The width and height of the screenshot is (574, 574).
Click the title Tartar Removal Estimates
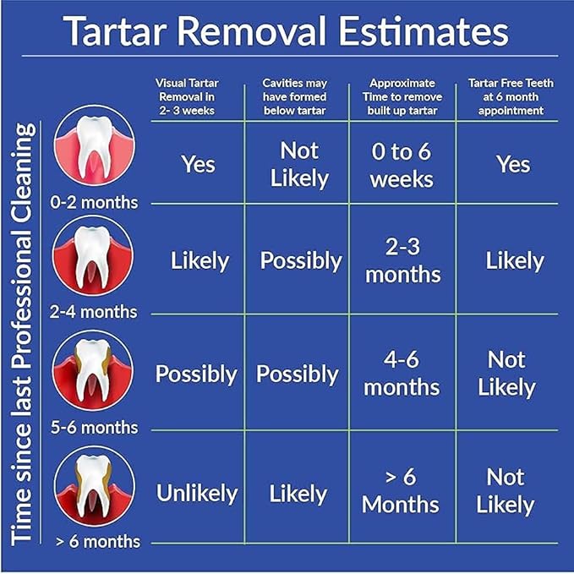click(287, 31)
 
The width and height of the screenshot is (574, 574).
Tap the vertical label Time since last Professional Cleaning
click(25, 333)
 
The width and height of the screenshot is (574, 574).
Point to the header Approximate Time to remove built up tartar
click(403, 96)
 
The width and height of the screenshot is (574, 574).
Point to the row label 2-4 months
click(93, 312)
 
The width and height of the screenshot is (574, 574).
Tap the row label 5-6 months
click(93, 427)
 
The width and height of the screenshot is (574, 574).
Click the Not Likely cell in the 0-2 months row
click(299, 164)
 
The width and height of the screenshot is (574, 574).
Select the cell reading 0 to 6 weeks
click(402, 166)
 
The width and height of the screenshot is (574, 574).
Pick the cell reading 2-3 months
click(402, 260)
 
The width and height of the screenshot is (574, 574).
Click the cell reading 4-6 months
click(402, 373)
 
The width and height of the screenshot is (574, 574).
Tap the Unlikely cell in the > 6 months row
click(196, 493)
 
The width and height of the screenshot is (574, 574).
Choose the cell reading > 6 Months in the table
click(402, 490)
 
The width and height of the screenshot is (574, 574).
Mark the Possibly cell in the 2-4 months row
click(299, 260)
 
